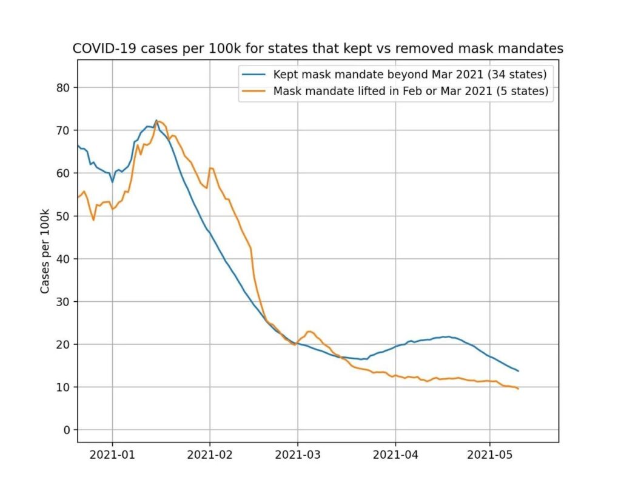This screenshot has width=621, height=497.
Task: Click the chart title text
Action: click(318, 48)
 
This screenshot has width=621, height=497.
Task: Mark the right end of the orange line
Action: click(519, 389)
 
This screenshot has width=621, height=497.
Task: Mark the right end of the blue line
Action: click(519, 371)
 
